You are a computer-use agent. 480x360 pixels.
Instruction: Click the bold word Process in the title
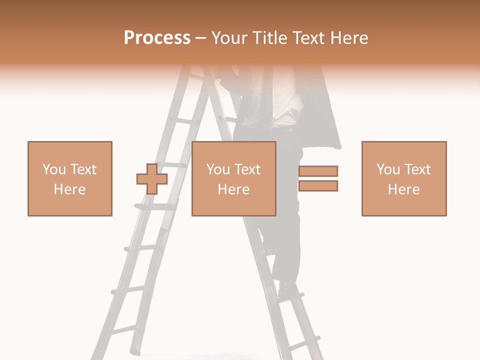pos(157,38)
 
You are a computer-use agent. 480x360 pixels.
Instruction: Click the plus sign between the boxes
pos(152,178)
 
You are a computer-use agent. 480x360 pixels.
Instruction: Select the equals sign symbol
pos(318,178)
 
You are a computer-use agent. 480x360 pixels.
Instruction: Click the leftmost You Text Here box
pos(69,178)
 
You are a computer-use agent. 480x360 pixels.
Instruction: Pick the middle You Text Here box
pos(233,178)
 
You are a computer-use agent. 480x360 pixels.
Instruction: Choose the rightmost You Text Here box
pos(403,178)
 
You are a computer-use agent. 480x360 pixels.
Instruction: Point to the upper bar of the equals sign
pos(318,171)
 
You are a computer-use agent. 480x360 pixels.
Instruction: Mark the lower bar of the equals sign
pos(318,186)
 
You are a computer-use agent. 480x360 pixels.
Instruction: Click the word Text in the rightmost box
pos(417,169)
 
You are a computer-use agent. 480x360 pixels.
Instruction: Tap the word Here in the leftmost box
pos(69,189)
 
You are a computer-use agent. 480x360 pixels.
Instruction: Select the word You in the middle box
pos(218,169)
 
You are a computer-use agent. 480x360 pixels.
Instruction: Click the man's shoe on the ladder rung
pos(287,288)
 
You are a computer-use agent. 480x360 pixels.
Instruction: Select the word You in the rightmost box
pos(388,169)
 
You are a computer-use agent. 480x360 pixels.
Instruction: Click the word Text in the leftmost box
pos(83,169)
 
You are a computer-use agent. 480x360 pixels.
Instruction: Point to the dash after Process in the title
pos(200,38)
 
